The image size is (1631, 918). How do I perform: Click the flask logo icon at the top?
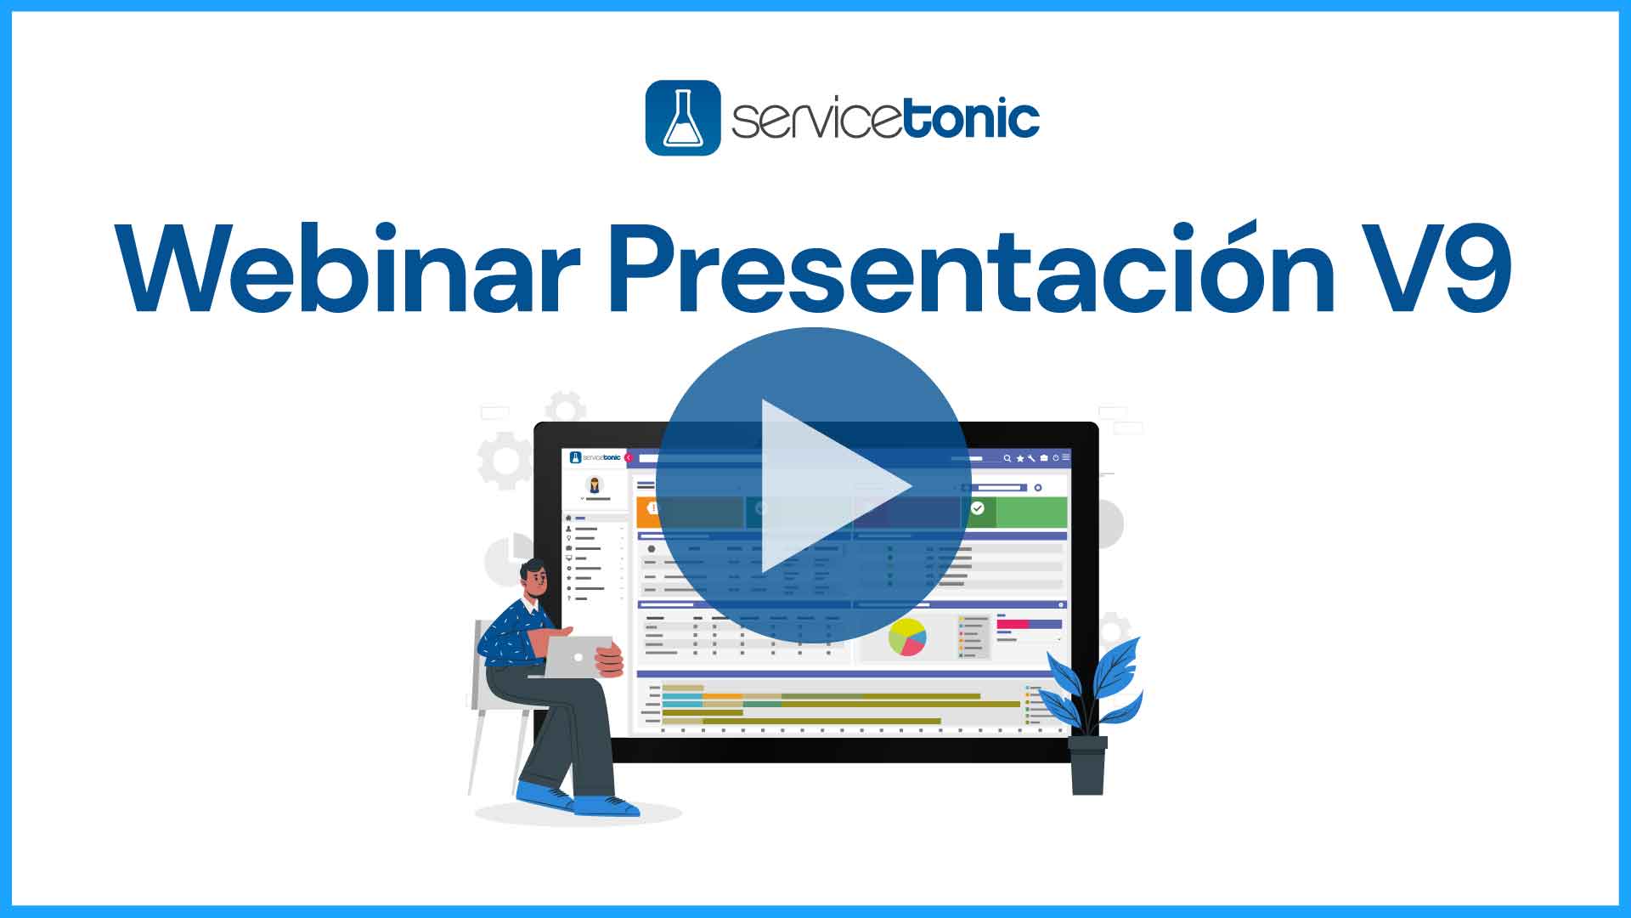(683, 118)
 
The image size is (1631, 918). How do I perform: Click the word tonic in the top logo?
(972, 118)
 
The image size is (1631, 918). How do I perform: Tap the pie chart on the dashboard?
(907, 637)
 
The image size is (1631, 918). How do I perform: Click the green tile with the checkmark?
(1015, 512)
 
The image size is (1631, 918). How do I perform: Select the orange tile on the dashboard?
(647, 512)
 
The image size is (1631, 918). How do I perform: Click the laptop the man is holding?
(578, 657)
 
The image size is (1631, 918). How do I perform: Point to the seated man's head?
(535, 578)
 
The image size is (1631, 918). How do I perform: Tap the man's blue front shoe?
(607, 805)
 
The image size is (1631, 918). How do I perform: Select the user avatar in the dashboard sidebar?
(595, 484)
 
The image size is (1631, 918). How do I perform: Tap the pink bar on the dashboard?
(1013, 624)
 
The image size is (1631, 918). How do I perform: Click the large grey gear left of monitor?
(505, 461)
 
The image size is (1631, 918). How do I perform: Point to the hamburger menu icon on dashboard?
(1066, 457)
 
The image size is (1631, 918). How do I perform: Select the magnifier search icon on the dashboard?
(1007, 458)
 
